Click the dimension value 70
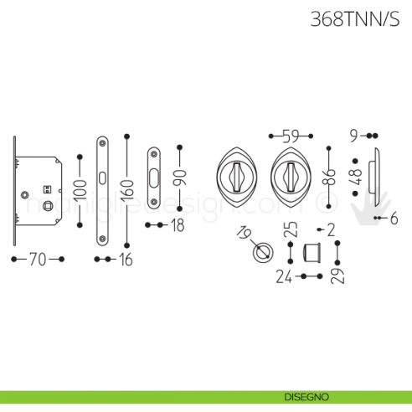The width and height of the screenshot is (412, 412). [x=37, y=260]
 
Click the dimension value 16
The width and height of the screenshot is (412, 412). [x=125, y=260]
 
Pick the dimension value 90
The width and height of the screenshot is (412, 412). [x=178, y=177]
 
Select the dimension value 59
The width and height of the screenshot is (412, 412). [x=290, y=135]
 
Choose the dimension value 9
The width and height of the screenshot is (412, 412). [x=355, y=135]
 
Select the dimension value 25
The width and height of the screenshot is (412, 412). [x=290, y=232]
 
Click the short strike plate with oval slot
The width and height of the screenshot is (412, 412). [x=155, y=177]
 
